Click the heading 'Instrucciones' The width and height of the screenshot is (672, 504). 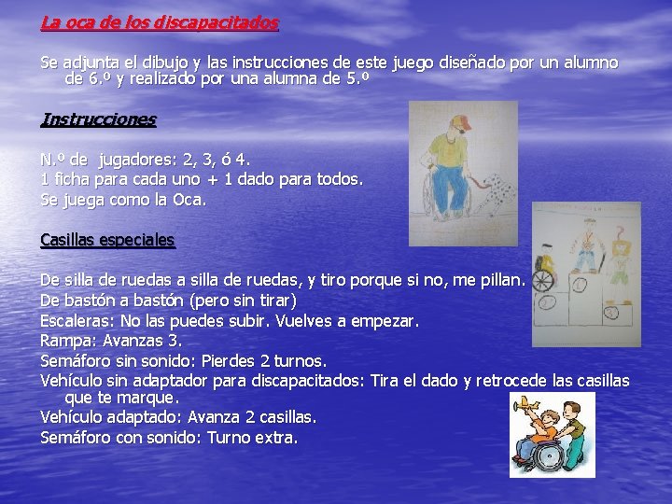[x=98, y=119]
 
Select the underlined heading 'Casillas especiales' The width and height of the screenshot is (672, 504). [x=107, y=240]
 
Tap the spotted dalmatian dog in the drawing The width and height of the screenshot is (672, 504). [x=497, y=195]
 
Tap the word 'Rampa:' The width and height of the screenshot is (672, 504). [x=69, y=341]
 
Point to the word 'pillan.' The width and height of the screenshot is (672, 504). [x=503, y=280]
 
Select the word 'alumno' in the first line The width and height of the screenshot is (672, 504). [x=587, y=63]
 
